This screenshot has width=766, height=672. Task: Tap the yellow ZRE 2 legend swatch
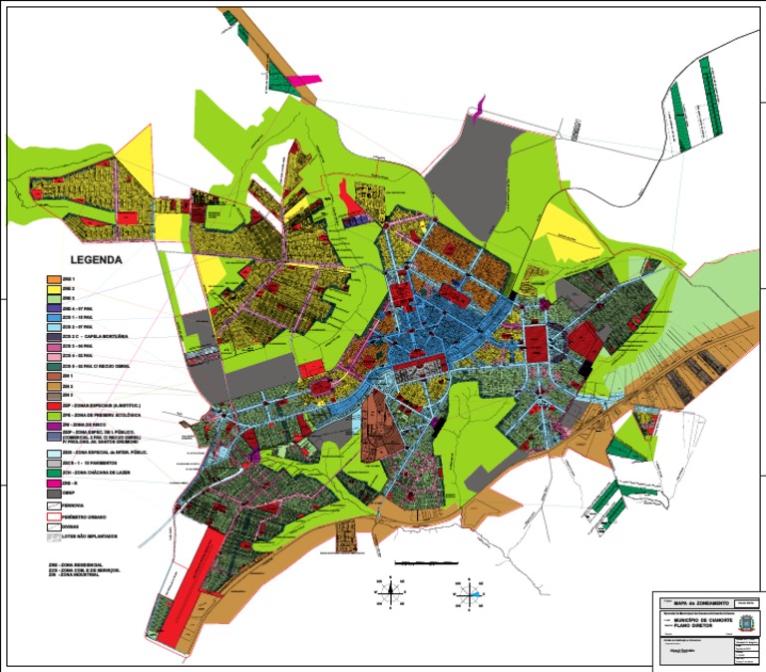click(x=55, y=288)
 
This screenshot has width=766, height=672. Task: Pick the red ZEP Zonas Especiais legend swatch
click(x=55, y=406)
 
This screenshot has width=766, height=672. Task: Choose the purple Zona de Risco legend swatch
click(x=55, y=426)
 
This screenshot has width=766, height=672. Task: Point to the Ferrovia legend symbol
click(x=55, y=505)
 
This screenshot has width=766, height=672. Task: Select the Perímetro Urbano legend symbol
click(x=55, y=517)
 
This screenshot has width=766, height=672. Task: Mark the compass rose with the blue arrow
click(x=470, y=591)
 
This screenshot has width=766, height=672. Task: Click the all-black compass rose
click(x=393, y=591)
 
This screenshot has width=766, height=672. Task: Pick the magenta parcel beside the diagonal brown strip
click(x=303, y=79)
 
